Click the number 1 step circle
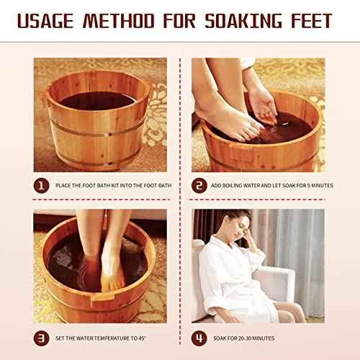42,185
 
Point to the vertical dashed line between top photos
180,115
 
